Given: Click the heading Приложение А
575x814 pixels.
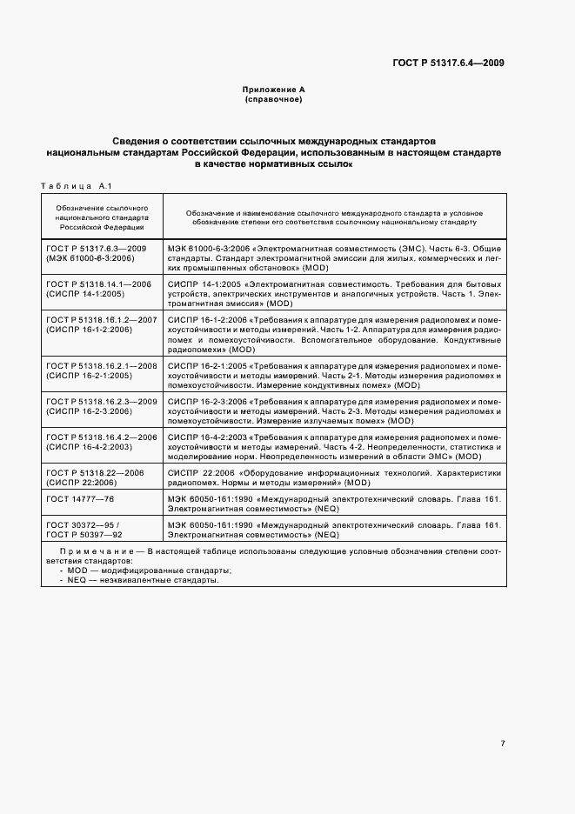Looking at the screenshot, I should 273,90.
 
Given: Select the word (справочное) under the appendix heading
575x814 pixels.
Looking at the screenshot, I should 273,100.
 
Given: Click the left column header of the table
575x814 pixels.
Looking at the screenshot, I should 102,217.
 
